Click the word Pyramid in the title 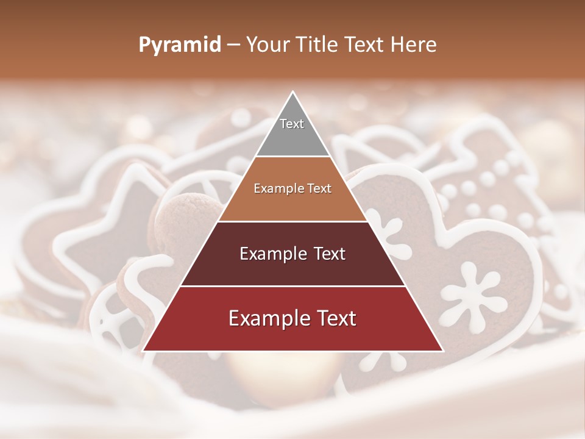pyautogui.click(x=179, y=45)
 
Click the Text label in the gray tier pyautogui.click(x=292, y=124)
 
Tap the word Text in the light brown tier pyautogui.click(x=319, y=189)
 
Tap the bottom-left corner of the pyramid pyautogui.click(x=143, y=351)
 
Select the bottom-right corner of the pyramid pyautogui.click(x=443, y=351)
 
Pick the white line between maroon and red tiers pyautogui.click(x=292, y=286)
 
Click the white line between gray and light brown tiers pyautogui.click(x=292, y=157)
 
